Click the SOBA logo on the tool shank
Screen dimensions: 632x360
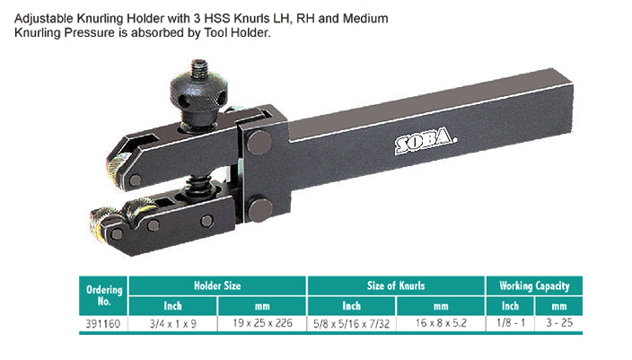[426, 140]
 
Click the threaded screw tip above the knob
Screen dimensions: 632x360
[199, 67]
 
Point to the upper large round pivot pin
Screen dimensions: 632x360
[259, 143]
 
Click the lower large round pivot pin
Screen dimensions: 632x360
[260, 210]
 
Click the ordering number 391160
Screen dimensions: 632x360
[102, 324]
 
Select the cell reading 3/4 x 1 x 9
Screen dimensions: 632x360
[173, 324]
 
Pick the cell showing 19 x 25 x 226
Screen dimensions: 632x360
[262, 323]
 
